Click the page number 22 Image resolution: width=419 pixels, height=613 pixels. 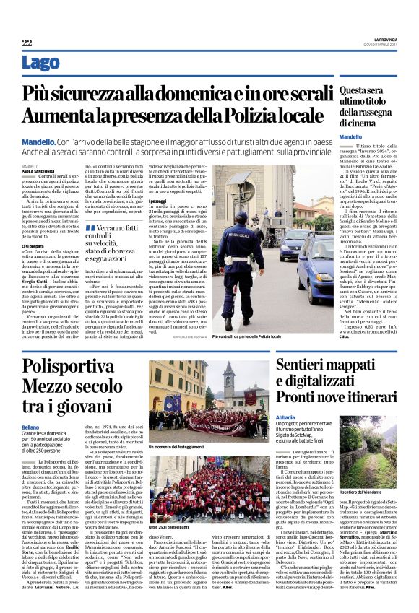click(x=27, y=43)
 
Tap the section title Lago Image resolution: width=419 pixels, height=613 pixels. click(x=41, y=64)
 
